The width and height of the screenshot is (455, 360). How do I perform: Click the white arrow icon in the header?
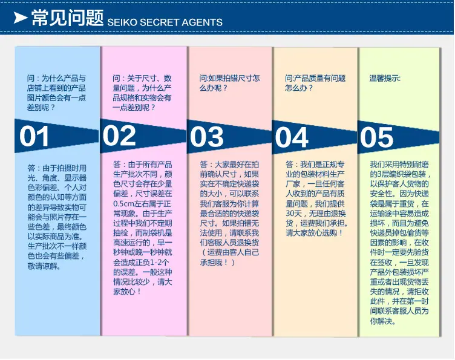pos(20,18)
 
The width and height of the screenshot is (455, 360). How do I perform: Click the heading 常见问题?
pos(67,18)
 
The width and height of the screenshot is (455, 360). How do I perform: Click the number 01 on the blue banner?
pos(34,136)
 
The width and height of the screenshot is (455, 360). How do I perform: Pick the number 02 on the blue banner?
pos(119,136)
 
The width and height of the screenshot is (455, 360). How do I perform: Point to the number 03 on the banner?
pos(206,137)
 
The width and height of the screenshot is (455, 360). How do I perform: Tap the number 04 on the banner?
pos(292,137)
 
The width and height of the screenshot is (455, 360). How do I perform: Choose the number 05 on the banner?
pos(377,137)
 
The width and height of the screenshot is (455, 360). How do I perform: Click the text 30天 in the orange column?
pos(293,214)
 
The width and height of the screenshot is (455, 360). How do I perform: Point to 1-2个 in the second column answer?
pos(159,263)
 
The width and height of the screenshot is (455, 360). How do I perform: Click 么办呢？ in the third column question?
pos(213,88)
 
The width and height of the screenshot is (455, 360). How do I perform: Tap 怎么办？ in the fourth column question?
pos(299,88)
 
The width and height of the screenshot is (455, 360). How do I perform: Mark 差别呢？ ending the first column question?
pos(41,108)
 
